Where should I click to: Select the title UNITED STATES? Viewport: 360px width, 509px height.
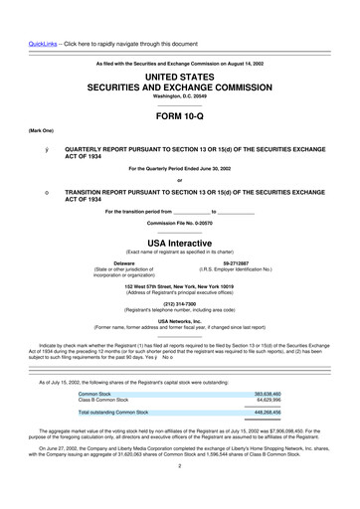tap(179, 77)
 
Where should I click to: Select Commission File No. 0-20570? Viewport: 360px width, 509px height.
tap(179, 223)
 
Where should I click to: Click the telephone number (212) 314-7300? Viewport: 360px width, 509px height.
tap(179, 305)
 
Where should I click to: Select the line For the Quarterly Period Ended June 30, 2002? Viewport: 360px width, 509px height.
tap(179, 169)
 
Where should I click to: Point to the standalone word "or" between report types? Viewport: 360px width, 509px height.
tap(179, 180)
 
